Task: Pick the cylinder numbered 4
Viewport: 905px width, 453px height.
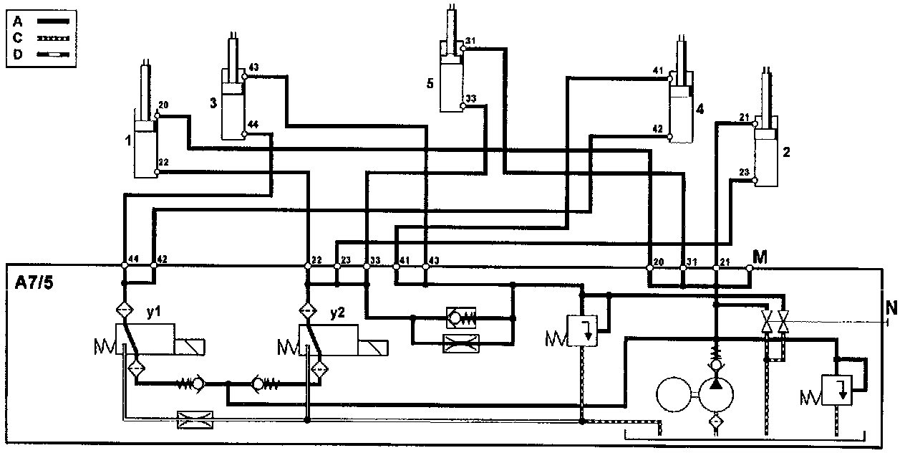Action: point(681,111)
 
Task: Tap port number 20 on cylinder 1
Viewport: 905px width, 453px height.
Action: point(163,106)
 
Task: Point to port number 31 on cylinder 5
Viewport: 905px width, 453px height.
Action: point(470,40)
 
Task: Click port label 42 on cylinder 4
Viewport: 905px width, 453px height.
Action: point(658,128)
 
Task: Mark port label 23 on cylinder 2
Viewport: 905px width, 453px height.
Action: point(744,172)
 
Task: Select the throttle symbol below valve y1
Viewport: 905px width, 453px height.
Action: point(192,419)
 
